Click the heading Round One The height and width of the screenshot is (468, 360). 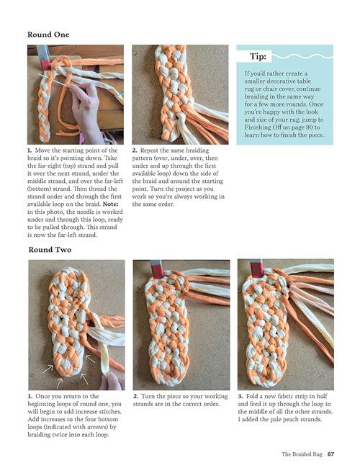(x=48, y=35)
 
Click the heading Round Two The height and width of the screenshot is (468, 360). (x=50, y=250)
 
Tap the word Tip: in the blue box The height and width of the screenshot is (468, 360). (x=258, y=56)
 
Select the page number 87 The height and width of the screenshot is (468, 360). (x=330, y=454)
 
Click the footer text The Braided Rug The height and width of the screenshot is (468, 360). (x=302, y=454)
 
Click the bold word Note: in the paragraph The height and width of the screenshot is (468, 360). (x=110, y=204)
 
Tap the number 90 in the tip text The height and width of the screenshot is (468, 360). (x=309, y=127)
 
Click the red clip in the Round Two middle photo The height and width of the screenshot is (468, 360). (x=158, y=269)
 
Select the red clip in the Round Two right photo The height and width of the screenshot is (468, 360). (x=257, y=269)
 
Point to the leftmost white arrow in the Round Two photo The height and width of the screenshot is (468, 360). (x=48, y=369)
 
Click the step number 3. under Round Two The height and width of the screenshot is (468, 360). (x=240, y=397)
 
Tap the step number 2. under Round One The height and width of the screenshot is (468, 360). (x=135, y=150)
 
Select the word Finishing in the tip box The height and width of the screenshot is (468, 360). (x=258, y=127)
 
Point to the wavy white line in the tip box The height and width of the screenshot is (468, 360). (x=302, y=56)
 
